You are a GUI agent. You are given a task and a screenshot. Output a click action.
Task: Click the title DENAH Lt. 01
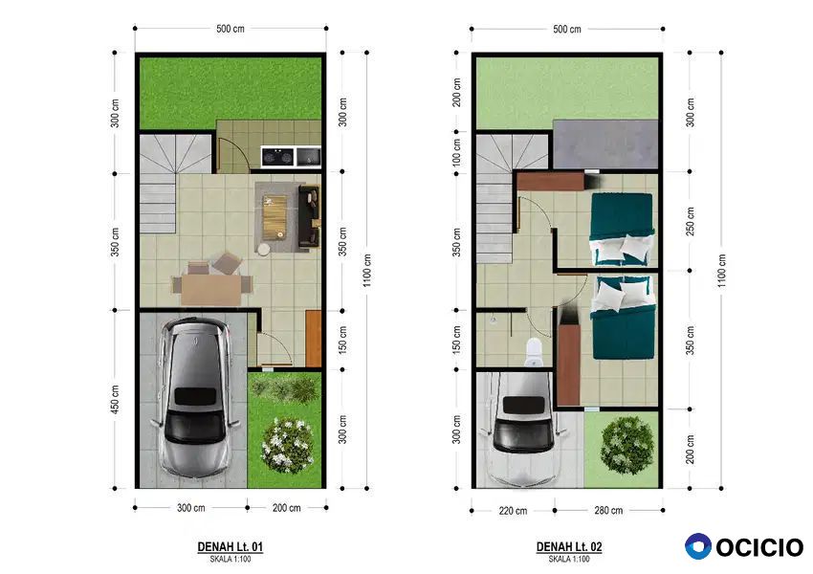click(231, 546)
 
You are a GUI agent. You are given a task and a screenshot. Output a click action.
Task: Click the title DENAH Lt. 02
click(569, 546)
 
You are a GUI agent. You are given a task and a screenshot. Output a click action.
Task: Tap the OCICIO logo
click(744, 546)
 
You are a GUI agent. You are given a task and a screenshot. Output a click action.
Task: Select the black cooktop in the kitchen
click(277, 156)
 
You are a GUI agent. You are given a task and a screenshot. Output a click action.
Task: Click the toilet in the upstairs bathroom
click(534, 351)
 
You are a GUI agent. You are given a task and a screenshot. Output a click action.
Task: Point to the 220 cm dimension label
click(513, 511)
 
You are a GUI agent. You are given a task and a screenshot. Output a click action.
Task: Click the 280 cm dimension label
click(608, 510)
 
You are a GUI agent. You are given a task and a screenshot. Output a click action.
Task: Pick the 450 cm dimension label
click(115, 399)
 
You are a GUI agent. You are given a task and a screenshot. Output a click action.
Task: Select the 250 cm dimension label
click(691, 221)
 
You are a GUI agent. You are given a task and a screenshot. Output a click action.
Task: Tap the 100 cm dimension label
click(456, 152)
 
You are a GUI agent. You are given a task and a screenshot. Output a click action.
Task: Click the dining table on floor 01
click(211, 290)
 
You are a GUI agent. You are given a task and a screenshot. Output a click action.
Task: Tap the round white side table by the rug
click(263, 250)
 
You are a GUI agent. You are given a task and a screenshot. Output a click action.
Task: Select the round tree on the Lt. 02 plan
click(626, 445)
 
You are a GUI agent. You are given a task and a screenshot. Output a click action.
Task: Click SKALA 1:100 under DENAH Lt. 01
click(231, 559)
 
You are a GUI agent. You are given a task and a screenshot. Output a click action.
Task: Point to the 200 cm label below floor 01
click(286, 508)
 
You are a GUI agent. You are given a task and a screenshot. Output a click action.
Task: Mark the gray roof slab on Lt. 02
click(605, 144)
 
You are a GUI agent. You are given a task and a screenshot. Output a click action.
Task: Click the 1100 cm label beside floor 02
click(722, 271)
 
